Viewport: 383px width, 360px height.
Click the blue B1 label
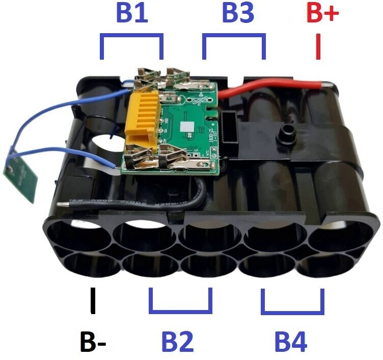[x=132, y=14]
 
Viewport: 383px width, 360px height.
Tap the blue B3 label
[x=238, y=14]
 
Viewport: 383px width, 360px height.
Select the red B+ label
[x=322, y=14]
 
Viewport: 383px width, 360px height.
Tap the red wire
[x=265, y=87]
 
